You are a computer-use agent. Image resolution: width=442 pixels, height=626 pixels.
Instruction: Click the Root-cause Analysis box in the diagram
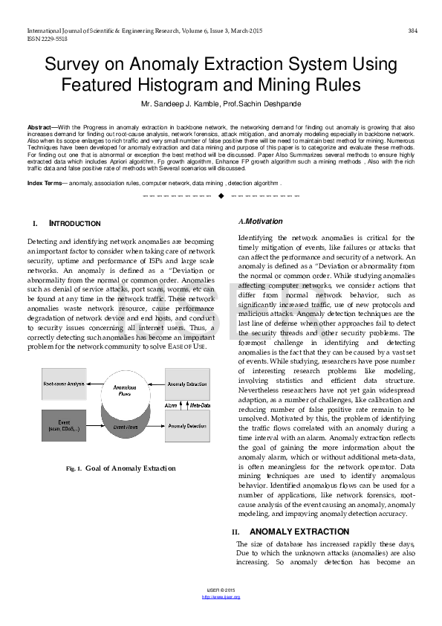point(62,384)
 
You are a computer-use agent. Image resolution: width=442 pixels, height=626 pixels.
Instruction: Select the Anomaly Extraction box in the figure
point(186,384)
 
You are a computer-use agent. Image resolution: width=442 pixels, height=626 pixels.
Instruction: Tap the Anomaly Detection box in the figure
point(186,426)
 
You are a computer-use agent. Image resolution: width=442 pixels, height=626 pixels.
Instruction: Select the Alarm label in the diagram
point(171,405)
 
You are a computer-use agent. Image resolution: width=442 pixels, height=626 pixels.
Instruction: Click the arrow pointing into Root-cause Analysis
point(94,384)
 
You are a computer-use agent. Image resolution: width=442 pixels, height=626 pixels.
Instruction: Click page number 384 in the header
point(413,30)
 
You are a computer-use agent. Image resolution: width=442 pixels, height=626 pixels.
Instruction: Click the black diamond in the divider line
point(221,196)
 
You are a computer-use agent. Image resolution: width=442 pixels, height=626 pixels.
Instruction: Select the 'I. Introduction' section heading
point(67,224)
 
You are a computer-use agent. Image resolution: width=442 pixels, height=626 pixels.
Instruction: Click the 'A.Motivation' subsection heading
point(261,222)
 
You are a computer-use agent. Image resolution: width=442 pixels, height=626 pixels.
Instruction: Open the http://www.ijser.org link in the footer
point(221,597)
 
